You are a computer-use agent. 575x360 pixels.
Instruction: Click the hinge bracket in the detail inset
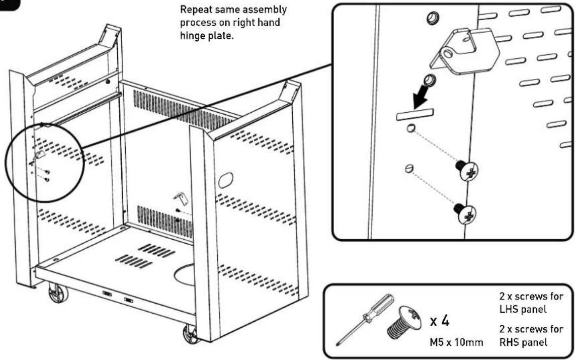tap(464, 51)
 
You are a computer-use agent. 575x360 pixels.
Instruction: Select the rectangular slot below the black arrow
tap(415, 114)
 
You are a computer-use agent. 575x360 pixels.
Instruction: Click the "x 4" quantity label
tap(439, 321)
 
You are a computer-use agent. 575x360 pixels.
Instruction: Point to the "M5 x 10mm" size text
tap(456, 342)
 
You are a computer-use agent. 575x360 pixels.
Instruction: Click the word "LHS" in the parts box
tap(509, 309)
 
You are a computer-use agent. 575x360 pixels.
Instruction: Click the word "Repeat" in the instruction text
tap(196, 10)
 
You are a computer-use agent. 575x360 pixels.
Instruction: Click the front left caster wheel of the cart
tap(58, 294)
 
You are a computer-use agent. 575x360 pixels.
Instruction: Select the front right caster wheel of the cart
tap(191, 334)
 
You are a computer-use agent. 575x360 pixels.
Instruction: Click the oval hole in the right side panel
tap(225, 180)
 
